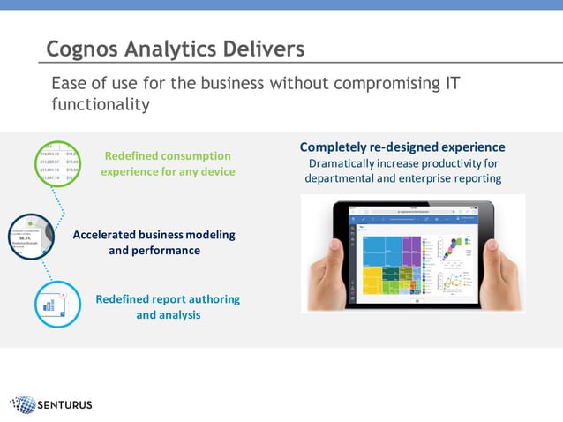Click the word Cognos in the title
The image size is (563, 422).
[x=82, y=49]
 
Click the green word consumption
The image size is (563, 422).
[x=191, y=156]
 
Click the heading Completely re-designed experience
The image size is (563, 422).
[x=402, y=147]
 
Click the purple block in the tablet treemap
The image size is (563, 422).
[x=410, y=246]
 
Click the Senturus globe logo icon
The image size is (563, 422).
[x=25, y=405]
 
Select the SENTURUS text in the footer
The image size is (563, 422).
[x=64, y=406]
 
